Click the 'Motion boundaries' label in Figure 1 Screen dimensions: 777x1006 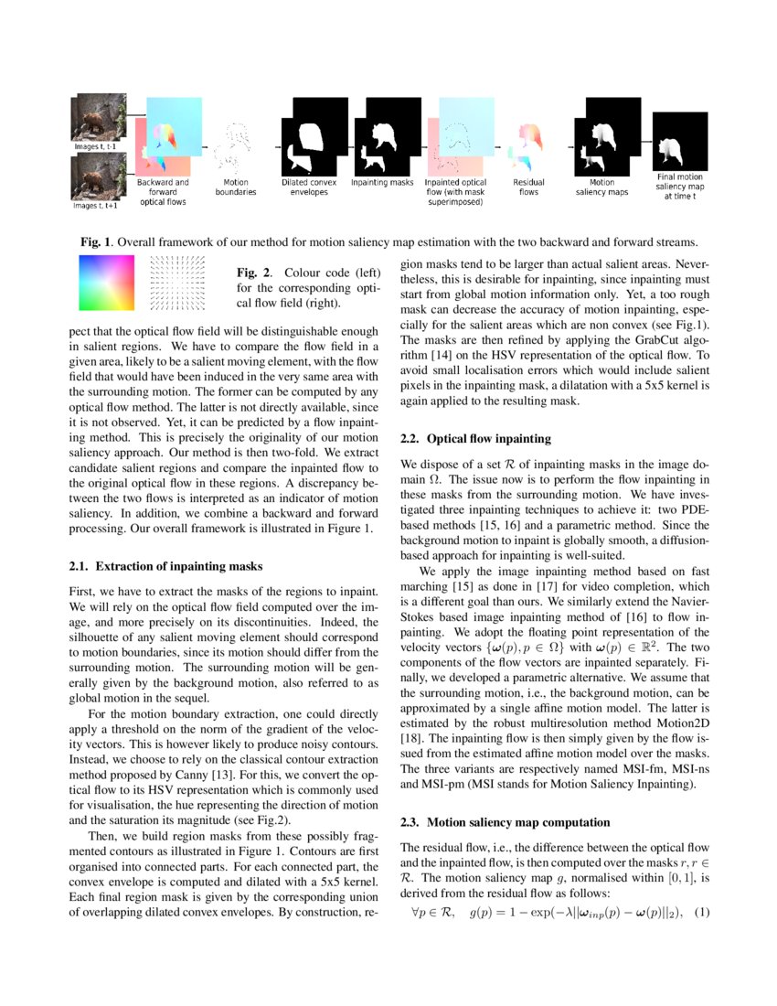click(236, 187)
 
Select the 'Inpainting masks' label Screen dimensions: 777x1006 click(382, 183)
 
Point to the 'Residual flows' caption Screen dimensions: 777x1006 click(528, 187)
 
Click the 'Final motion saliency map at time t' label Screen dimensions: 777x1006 click(679, 186)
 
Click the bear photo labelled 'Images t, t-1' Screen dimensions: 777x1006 click(98, 117)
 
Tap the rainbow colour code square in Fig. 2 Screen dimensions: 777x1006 click(106, 284)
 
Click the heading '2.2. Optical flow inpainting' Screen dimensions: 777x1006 click(476, 439)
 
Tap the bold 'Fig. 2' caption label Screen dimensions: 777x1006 click(250, 273)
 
